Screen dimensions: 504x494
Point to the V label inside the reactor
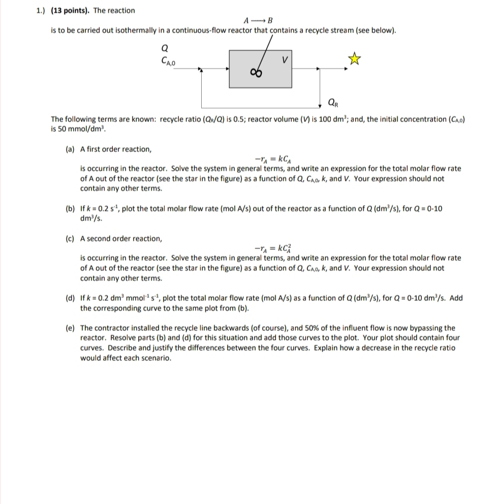[286, 60]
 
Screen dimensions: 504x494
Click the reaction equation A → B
[259, 21]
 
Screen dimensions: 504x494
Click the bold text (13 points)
[71, 10]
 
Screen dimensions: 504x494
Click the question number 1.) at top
[42, 10]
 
